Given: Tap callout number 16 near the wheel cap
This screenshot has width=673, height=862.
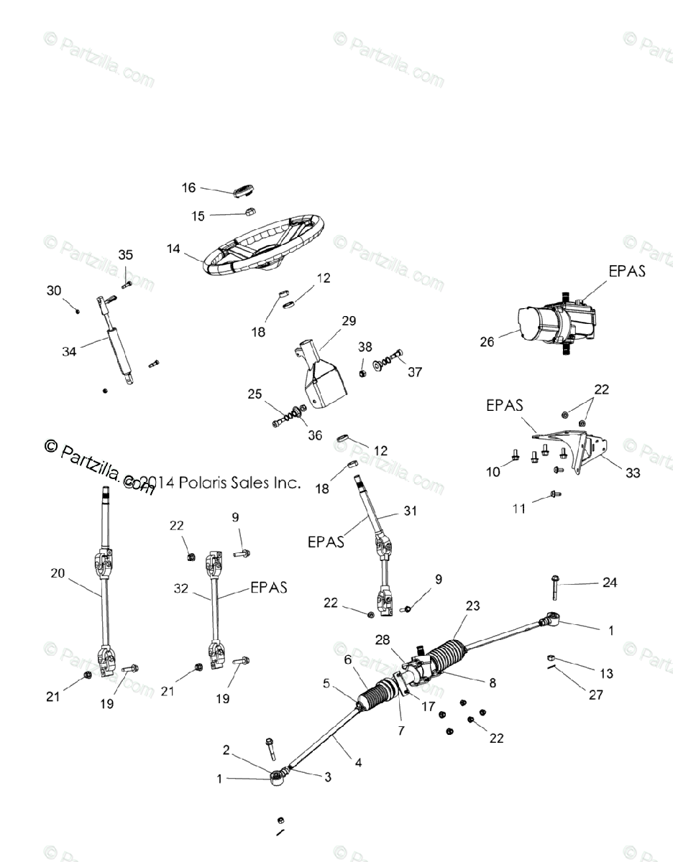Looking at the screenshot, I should (x=188, y=188).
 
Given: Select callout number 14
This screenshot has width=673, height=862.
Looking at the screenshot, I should (x=173, y=249).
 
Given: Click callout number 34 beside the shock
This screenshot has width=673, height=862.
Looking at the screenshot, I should (x=69, y=351).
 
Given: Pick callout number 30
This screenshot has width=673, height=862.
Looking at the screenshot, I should (x=55, y=290).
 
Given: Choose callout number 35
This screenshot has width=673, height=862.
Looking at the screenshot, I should (x=126, y=255).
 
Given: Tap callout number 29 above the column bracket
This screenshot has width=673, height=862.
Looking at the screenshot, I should (x=349, y=320).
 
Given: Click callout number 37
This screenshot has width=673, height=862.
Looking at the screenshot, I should (x=415, y=372).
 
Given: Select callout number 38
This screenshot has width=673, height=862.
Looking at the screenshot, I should (x=365, y=346).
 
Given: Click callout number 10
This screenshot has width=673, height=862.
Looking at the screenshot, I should (x=493, y=471).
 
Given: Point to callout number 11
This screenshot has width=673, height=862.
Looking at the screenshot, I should (x=518, y=508).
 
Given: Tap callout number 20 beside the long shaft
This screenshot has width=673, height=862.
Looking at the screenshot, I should (x=58, y=573).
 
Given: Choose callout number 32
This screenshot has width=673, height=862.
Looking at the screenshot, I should (x=181, y=588).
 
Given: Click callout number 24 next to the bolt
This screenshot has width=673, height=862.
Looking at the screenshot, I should (x=609, y=583).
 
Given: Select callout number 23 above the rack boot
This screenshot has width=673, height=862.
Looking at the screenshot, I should (x=472, y=606).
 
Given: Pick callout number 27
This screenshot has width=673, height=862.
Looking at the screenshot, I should (x=595, y=695).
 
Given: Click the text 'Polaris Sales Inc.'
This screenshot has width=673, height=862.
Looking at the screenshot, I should (x=240, y=483).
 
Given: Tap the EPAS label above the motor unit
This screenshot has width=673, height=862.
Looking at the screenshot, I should (x=627, y=271).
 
